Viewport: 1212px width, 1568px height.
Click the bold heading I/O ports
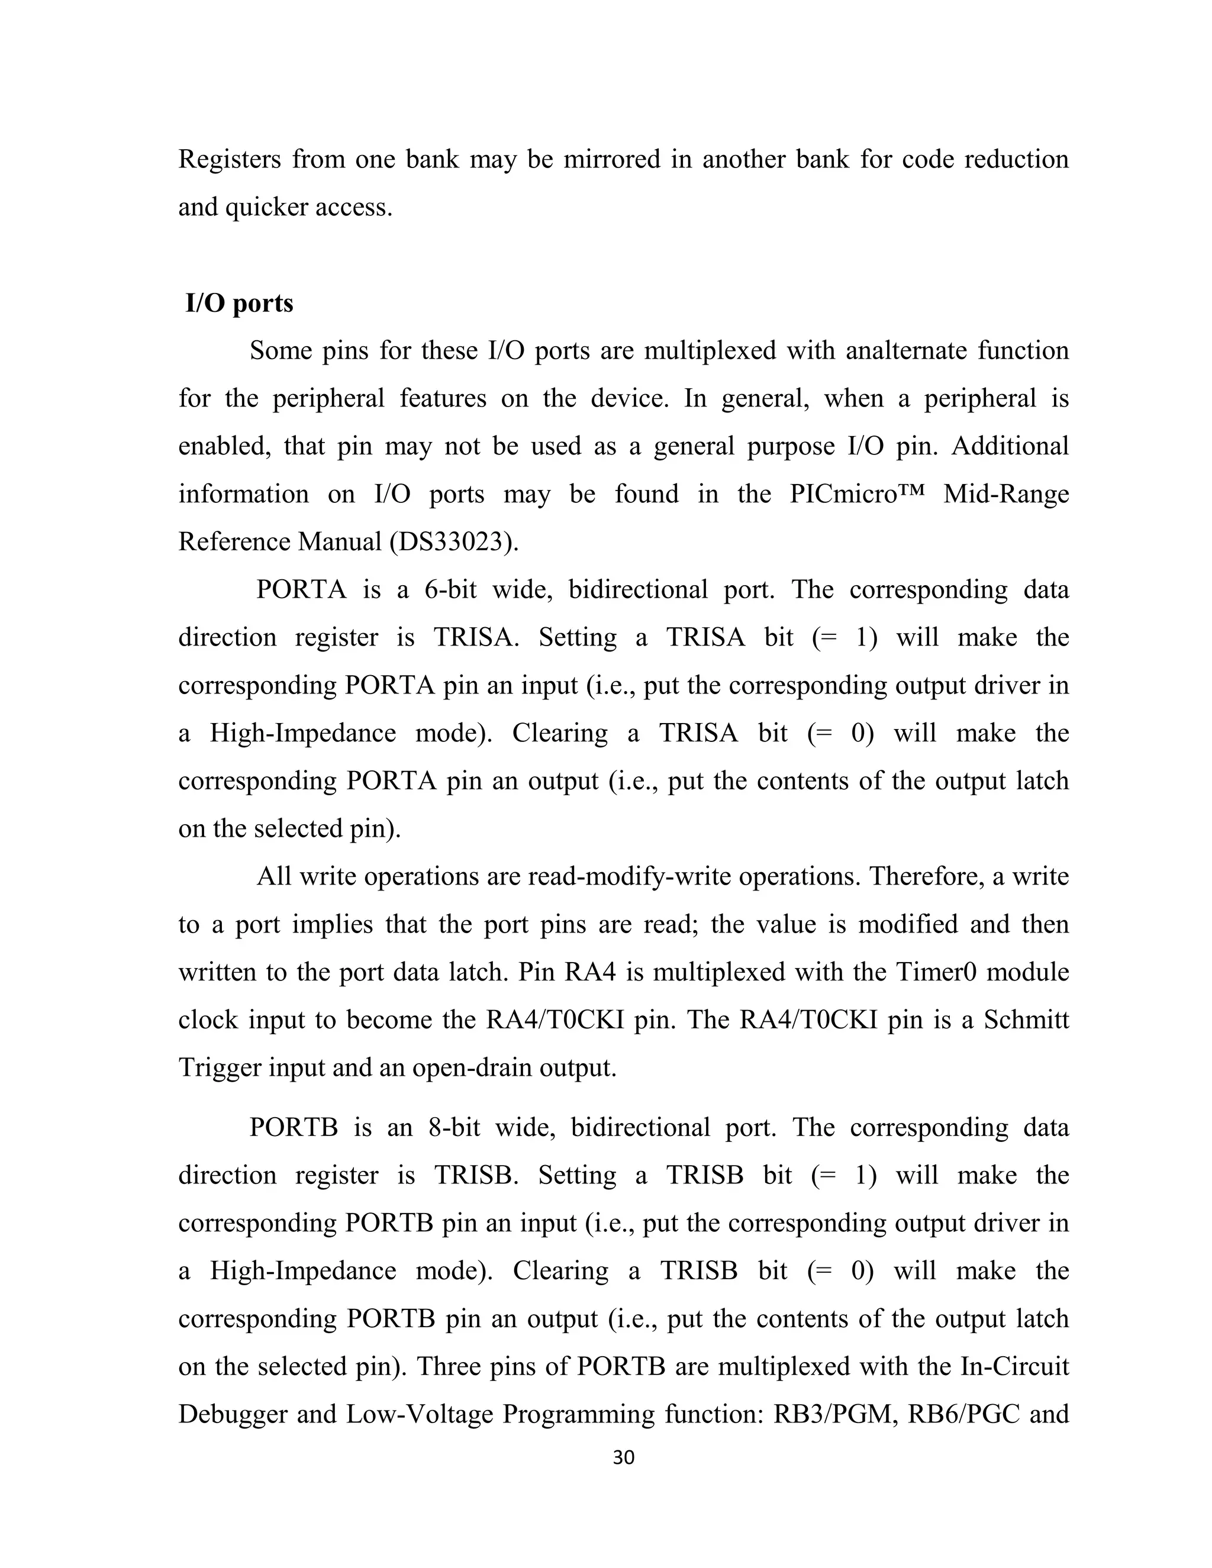tap(239, 303)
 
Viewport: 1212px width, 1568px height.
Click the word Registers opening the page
tap(230, 159)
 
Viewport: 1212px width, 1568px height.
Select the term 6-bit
tap(450, 589)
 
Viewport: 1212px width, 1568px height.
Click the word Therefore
tap(924, 877)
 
